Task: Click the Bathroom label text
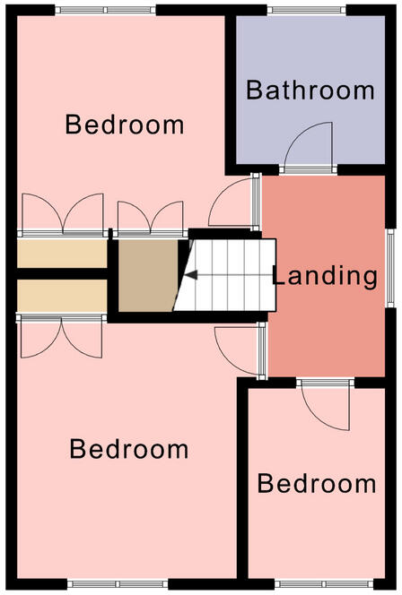(x=310, y=90)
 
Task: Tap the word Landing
(x=325, y=276)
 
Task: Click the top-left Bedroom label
(x=126, y=124)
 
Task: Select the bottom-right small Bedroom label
(x=317, y=484)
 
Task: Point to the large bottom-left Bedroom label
(x=129, y=448)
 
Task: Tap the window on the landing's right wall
(x=390, y=268)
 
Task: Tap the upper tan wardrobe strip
(x=62, y=253)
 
